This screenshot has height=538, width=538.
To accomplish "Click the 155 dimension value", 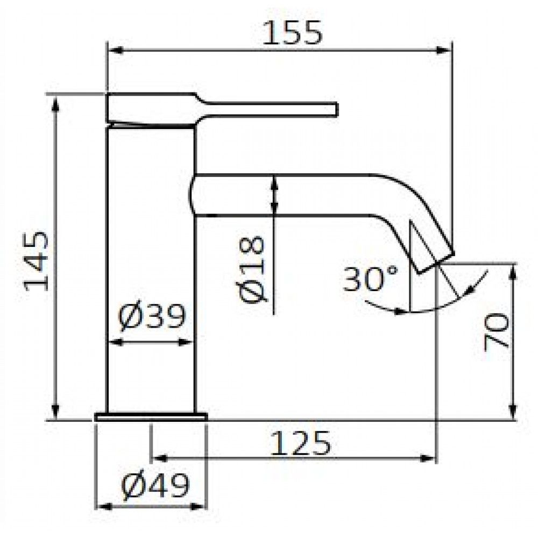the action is [x=293, y=33].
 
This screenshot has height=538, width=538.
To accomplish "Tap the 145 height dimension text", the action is [x=37, y=261].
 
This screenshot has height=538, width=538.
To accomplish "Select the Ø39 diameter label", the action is [x=151, y=316].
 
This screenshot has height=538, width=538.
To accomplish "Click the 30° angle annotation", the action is [x=371, y=278].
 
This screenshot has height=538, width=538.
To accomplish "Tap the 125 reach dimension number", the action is [x=301, y=443].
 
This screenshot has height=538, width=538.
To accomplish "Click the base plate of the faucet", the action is [x=151, y=416].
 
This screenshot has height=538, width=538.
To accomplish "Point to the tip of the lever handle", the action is [x=336, y=110].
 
